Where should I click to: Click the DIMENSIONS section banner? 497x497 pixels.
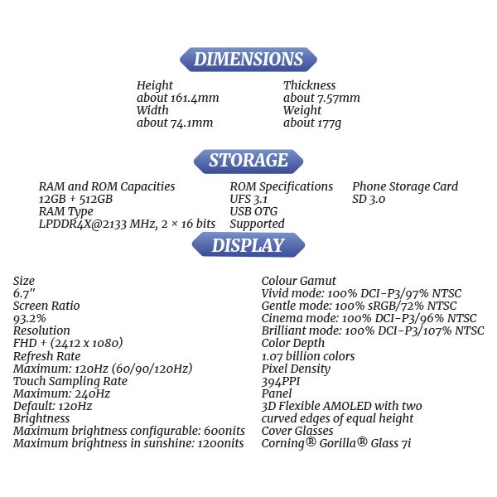[x=248, y=60]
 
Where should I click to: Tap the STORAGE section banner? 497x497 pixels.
[x=248, y=161]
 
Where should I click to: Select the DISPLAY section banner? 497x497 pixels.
[x=248, y=246]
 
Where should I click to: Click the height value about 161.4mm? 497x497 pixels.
[x=177, y=98]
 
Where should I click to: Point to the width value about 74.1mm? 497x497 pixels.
[x=174, y=123]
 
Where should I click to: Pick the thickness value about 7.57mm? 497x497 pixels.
[x=321, y=98]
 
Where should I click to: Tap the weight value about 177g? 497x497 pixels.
[x=311, y=123]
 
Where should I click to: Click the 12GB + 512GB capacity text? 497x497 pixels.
[x=75, y=200]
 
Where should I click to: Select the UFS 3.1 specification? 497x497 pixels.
[x=248, y=200]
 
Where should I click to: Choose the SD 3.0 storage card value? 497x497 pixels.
[x=369, y=200]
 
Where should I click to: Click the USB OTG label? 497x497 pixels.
[x=254, y=212]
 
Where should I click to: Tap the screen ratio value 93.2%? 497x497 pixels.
[x=31, y=319]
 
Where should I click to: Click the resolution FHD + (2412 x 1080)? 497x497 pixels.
[x=68, y=344]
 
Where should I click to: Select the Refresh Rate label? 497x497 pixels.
[x=47, y=356]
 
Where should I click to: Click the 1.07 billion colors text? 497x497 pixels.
[x=307, y=356]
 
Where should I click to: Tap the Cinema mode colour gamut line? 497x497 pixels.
[x=369, y=319]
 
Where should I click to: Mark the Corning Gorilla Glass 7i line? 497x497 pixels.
[x=336, y=443]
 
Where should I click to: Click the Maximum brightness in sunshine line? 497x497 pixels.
[x=128, y=443]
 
